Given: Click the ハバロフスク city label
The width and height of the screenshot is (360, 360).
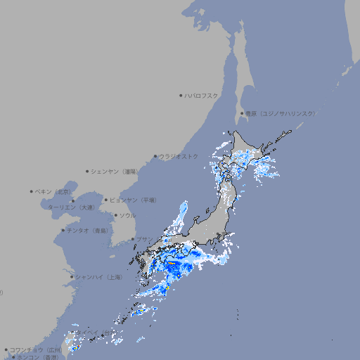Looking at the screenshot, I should click(x=202, y=95).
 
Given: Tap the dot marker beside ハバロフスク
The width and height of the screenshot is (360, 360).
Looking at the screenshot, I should click(x=181, y=95).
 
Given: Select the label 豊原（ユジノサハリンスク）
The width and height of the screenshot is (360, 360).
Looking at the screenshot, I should click(x=281, y=113).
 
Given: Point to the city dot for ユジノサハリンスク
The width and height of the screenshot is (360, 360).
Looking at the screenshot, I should click(x=242, y=113).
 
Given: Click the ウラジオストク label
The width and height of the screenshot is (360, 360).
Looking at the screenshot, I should click(x=179, y=156).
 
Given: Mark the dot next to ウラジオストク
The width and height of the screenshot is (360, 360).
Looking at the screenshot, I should click(x=155, y=156).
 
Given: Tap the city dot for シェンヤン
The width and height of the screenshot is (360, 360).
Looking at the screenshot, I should click(x=88, y=171).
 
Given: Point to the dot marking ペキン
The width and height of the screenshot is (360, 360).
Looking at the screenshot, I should click(x=32, y=191).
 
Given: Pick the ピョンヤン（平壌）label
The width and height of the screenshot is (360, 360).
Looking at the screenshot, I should click(x=134, y=200).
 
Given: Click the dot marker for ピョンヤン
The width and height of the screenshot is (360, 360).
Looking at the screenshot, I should click(x=106, y=200).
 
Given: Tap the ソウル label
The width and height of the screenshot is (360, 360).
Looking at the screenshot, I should click(x=127, y=216).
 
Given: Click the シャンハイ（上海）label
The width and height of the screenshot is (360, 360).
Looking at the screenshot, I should click(x=98, y=277).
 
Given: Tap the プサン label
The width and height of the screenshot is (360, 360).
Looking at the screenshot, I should click(x=144, y=240).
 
